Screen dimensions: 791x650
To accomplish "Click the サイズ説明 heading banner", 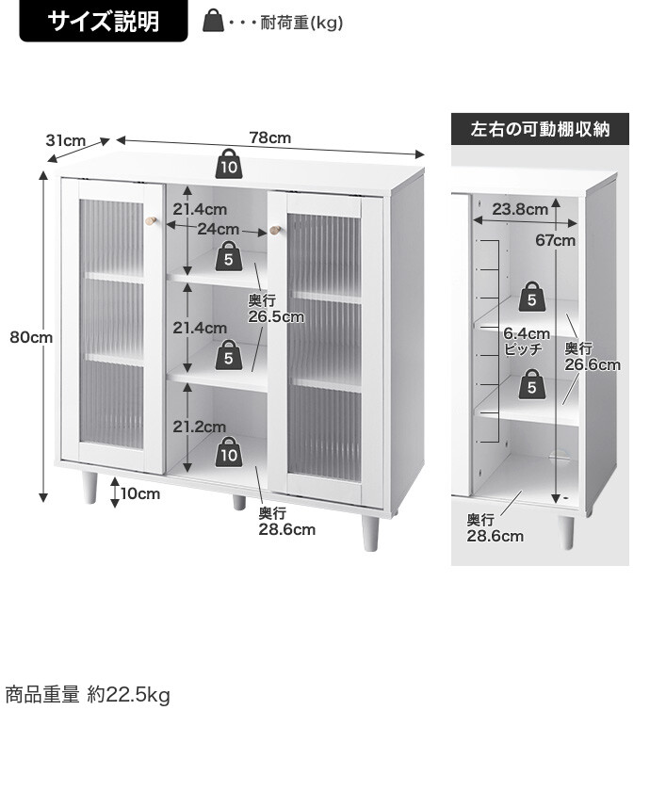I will (104, 22).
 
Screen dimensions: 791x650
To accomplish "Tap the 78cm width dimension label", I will (269, 137).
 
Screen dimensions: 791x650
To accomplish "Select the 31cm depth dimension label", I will (65, 141).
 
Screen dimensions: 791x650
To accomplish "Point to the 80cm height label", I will (31, 337).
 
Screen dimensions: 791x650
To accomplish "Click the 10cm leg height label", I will (140, 493).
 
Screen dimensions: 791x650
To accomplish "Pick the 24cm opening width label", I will (218, 229).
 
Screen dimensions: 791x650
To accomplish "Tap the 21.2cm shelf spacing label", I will (199, 427).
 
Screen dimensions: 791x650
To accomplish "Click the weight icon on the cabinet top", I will (228, 165).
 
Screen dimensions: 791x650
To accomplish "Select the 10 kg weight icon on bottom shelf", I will (228, 452).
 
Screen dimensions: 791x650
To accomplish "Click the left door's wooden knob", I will (151, 221).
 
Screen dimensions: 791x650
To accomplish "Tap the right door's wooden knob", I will (276, 230).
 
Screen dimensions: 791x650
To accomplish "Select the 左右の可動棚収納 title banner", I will (540, 129).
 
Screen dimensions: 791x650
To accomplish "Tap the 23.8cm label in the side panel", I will (520, 209).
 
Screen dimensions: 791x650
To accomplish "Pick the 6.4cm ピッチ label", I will (526, 341).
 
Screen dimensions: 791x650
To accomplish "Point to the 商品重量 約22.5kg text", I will (88, 696).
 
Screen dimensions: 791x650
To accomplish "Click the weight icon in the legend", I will (214, 21).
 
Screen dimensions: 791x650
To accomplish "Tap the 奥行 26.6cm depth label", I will (593, 357).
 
